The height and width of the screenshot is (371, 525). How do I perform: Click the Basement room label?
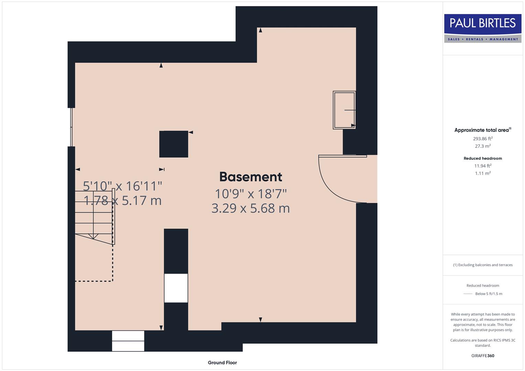coord(251,177)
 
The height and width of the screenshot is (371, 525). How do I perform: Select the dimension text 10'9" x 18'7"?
coord(251,194)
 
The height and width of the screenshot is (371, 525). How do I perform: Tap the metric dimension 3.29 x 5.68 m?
coord(251,208)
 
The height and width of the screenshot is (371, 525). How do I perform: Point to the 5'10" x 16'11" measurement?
coord(122,186)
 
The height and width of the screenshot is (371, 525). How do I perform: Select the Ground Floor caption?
coord(222,362)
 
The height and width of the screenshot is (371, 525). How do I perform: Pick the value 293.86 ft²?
coord(482,139)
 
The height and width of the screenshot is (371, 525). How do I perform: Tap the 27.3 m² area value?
coord(482,146)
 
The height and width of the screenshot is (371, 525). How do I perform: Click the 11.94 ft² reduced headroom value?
coord(482,166)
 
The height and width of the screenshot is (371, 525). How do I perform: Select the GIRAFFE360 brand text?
coord(482,356)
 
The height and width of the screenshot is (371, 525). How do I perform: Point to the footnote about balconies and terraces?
coord(482,265)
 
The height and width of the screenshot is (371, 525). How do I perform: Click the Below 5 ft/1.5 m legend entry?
coord(488,294)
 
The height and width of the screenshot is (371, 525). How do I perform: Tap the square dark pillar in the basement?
coord(174,144)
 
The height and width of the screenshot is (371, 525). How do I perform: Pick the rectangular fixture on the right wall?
coord(344,110)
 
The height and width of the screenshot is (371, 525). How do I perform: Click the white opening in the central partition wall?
coord(176,288)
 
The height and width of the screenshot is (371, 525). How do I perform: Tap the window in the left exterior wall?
coord(72,127)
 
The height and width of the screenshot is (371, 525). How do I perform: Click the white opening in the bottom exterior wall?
coord(128,341)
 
